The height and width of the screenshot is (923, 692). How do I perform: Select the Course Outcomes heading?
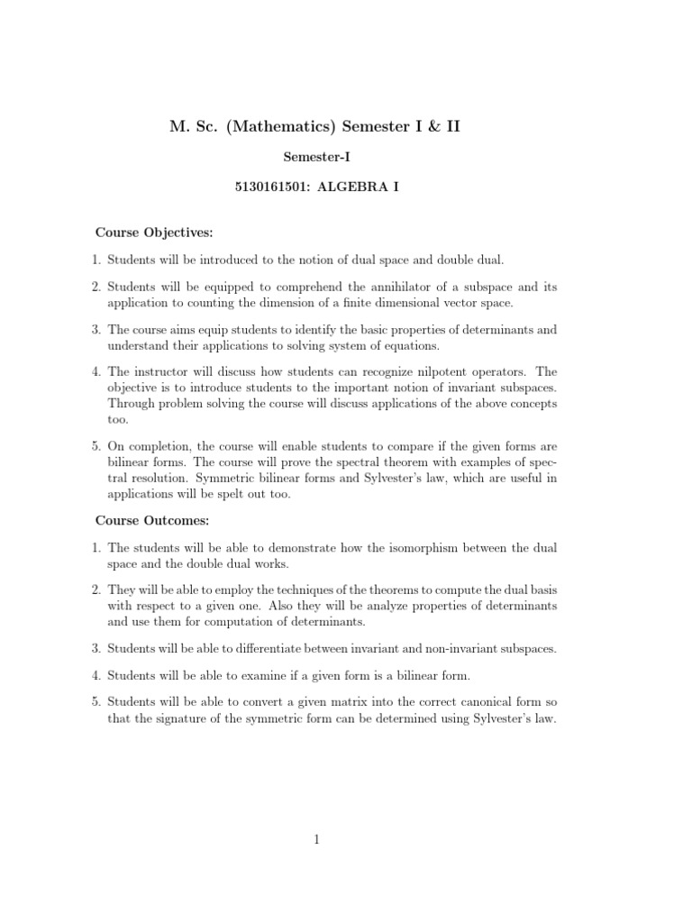click(151, 520)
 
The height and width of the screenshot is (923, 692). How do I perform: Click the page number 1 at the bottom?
click(317, 840)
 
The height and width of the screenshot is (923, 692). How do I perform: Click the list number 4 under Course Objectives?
click(96, 371)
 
